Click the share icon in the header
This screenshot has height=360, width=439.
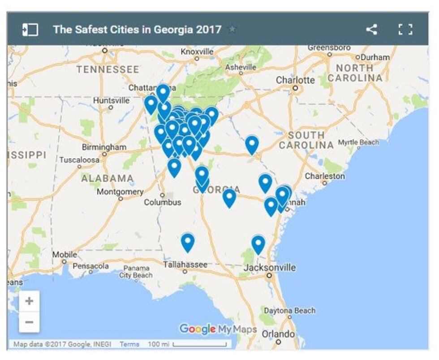click(371, 30)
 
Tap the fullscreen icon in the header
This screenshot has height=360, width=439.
click(405, 30)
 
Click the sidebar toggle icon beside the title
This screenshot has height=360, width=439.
click(30, 30)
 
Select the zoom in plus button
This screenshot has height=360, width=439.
click(29, 301)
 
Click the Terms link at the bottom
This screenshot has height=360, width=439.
click(129, 344)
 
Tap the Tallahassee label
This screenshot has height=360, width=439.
click(185, 265)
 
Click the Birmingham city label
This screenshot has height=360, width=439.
click(103, 147)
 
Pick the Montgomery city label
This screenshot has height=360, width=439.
click(120, 191)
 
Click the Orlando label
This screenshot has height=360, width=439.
click(278, 334)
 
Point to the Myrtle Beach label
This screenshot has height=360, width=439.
click(358, 142)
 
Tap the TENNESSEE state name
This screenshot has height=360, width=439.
click(108, 69)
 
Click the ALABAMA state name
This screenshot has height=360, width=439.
click(108, 178)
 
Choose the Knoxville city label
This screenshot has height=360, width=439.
click(197, 52)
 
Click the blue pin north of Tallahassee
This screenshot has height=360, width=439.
click(187, 242)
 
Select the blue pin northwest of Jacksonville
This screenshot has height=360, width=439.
click(258, 244)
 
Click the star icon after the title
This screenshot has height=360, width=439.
click(232, 30)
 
